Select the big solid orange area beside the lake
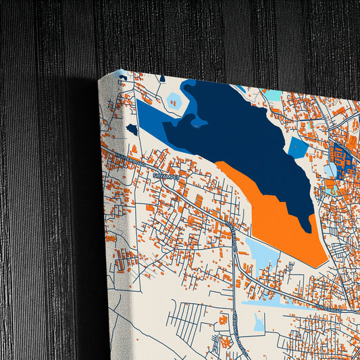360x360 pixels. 284,216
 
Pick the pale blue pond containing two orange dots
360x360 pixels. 174,102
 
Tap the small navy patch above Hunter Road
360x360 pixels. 132,128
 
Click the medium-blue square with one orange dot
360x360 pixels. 297,147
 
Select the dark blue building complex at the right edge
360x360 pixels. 341,162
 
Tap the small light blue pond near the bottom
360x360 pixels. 259,324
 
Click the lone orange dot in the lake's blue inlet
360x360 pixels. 196,122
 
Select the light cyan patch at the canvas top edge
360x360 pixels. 274,95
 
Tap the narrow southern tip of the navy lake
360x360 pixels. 309,223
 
